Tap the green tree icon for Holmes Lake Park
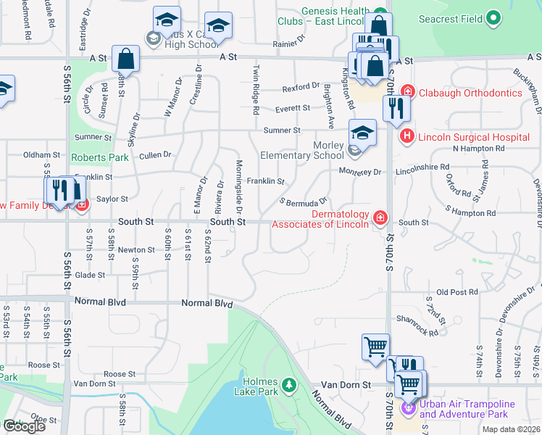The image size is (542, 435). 289,384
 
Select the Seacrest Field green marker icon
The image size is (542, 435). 494,17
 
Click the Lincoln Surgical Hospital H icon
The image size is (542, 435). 406,136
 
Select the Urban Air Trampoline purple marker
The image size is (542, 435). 410,409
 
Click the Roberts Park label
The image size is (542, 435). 99,157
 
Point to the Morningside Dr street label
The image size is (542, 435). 237,184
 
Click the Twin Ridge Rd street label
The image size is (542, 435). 256,91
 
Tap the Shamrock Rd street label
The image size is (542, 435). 417,326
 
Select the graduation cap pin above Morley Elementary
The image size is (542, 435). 362,133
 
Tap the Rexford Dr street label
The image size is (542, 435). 301,88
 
